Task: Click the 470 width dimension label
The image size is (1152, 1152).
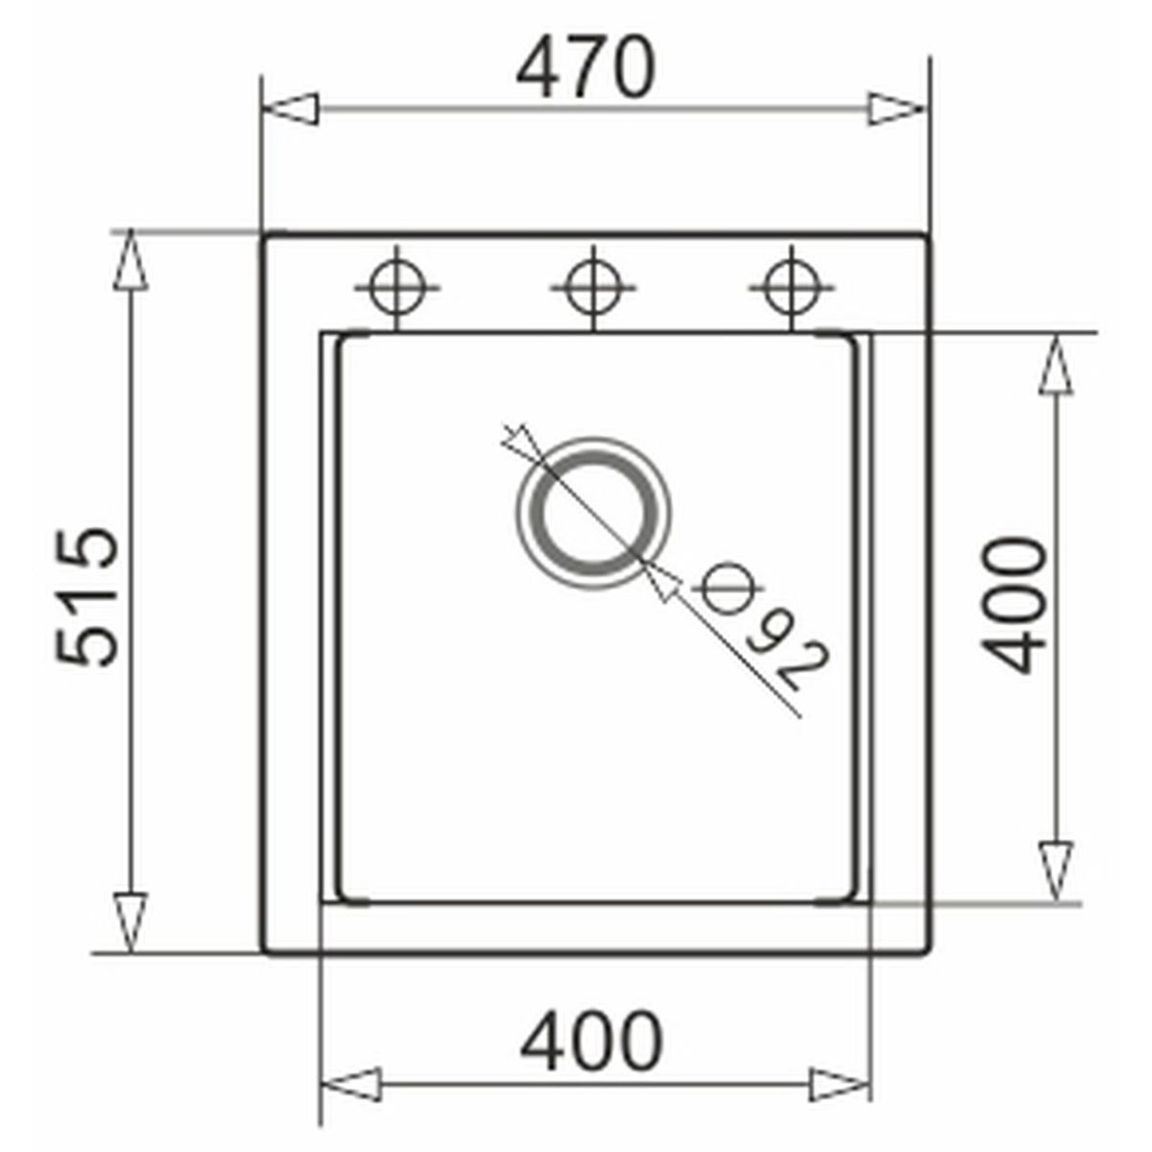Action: tap(586, 67)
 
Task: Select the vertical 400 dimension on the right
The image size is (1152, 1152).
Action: tap(1014, 605)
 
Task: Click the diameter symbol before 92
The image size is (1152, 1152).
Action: tap(727, 588)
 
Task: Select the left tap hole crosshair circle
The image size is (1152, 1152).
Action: tap(396, 288)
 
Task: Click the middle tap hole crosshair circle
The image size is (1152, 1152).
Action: tap(592, 288)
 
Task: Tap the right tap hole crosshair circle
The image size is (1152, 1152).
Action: tap(791, 288)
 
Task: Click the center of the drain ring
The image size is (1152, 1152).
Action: tap(593, 513)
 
